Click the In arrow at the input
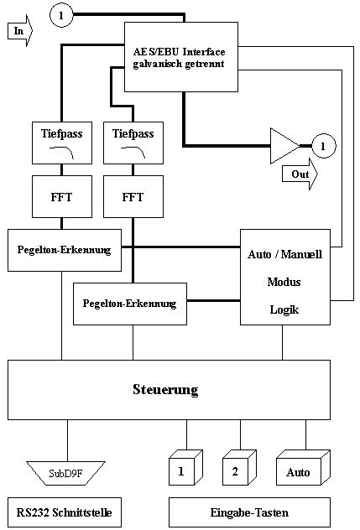click(20, 31)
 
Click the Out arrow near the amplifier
click(300, 174)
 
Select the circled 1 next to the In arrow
click(61, 15)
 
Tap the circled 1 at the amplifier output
click(323, 146)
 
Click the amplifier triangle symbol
click(284, 146)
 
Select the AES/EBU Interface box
click(181, 57)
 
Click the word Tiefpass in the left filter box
click(62, 133)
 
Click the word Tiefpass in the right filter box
click(133, 133)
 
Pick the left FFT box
click(62, 196)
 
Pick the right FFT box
click(133, 196)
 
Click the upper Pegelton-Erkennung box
click(65, 250)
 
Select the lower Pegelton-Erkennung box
click(130, 304)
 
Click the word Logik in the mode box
click(284, 309)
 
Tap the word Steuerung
click(165, 389)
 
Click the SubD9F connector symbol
click(66, 473)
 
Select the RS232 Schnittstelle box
click(65, 512)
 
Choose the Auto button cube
click(303, 467)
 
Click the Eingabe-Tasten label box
click(249, 512)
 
